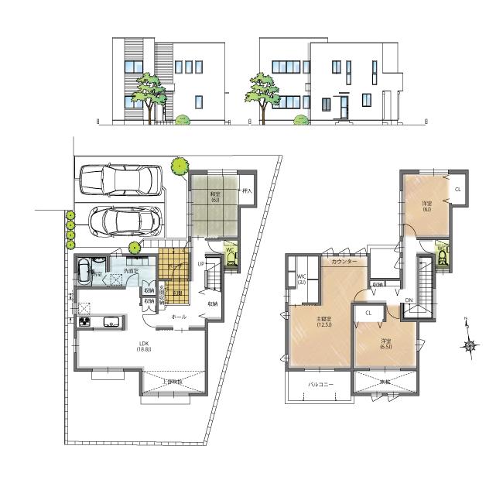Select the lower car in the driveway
coord(124,221)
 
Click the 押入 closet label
coord(248,190)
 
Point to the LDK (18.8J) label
coord(144,346)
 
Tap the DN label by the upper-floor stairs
coord(408,300)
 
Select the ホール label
coord(178,317)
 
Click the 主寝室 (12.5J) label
coord(323,322)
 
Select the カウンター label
coord(344,262)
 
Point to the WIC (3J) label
coord(302,280)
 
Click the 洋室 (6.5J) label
coord(385,343)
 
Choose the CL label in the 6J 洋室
coord(458,189)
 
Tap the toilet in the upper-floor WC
coord(443,255)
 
